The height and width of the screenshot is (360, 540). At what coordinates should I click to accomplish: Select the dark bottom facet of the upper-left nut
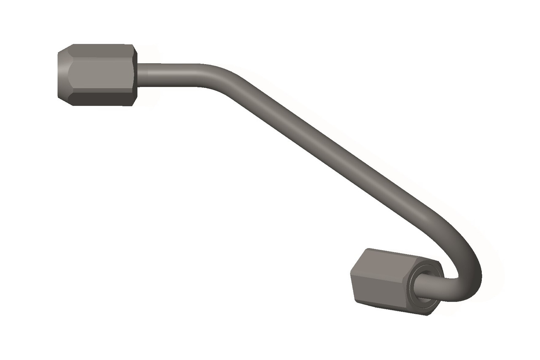101,99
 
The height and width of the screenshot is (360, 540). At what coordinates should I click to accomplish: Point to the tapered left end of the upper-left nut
63,75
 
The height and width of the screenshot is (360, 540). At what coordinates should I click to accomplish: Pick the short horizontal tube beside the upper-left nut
169,74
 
